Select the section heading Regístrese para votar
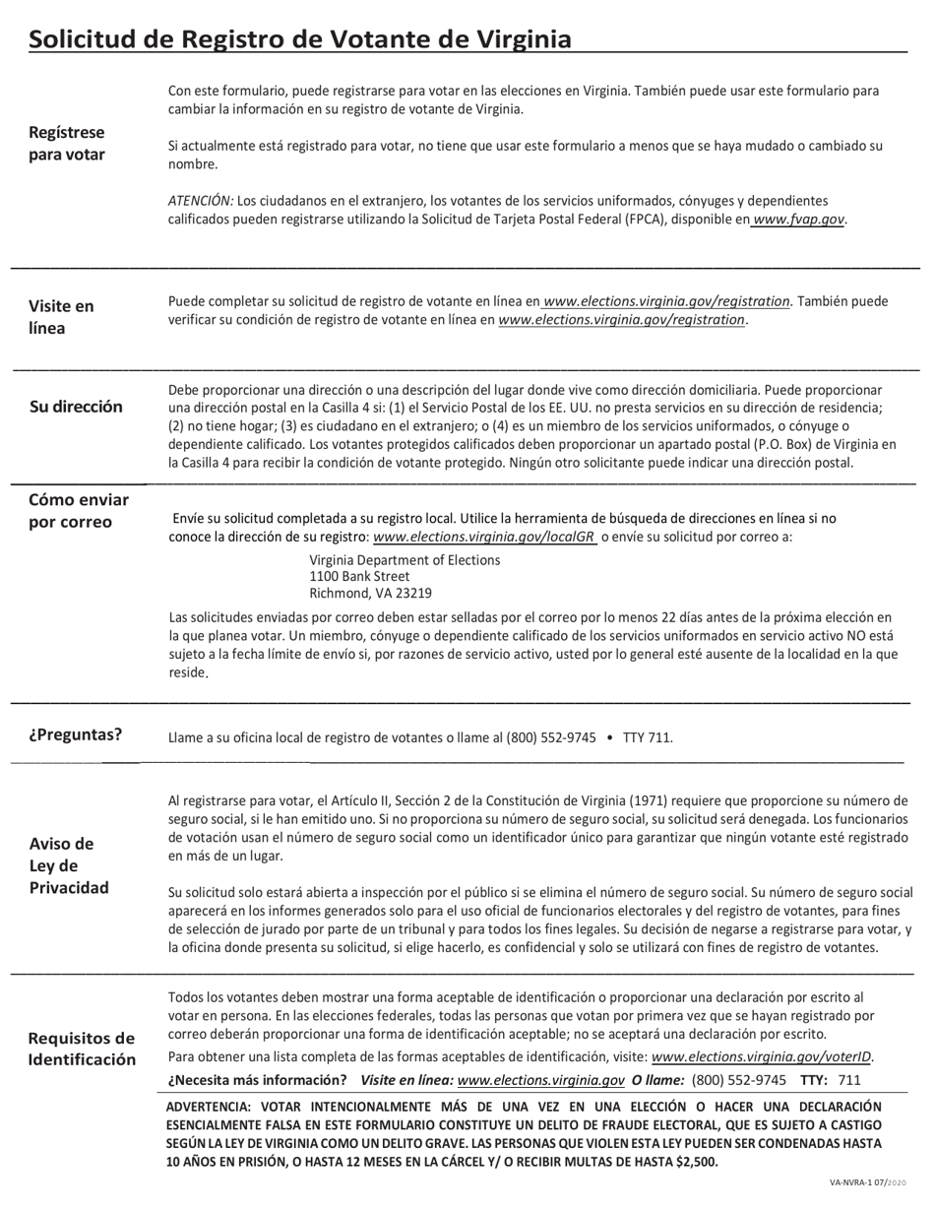(67, 144)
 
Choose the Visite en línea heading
(61, 317)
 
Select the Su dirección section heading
(76, 407)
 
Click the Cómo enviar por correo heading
(79, 511)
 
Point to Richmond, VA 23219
(370, 594)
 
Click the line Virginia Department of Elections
(405, 560)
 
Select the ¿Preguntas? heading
(75, 734)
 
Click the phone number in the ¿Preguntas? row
(550, 737)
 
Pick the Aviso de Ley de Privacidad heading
(69, 865)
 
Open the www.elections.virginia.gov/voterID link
(762, 1057)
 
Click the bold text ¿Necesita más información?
(257, 1080)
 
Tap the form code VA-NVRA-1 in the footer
(852, 1182)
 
